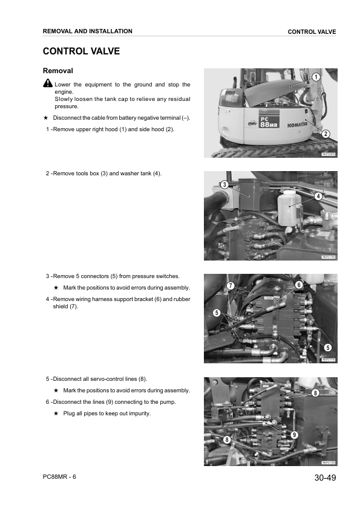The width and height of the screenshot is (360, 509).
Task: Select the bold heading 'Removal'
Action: (59, 71)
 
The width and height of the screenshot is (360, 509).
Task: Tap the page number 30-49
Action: (325, 478)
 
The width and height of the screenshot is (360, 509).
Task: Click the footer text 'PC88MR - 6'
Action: (59, 476)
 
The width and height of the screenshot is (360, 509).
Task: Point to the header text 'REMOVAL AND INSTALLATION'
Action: (88, 31)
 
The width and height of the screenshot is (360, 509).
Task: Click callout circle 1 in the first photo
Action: (316, 77)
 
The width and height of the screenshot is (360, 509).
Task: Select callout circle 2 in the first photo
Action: (326, 133)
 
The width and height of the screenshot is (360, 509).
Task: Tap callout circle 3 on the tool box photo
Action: (224, 184)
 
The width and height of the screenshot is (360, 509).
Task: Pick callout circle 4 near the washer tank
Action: (318, 196)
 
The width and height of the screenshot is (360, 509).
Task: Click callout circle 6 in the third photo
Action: (298, 284)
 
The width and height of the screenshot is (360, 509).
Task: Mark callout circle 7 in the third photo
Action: (230, 285)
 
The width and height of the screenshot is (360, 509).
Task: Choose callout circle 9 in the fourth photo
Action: (294, 435)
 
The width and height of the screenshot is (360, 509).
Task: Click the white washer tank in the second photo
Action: (289, 206)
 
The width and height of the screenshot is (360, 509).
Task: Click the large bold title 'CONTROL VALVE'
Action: (81, 51)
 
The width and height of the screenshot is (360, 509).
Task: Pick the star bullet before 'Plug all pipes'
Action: (56, 413)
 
